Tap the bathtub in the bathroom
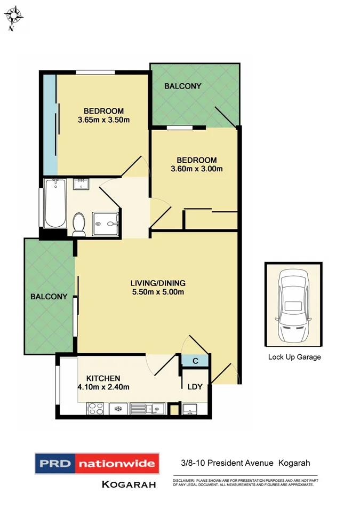click(55, 204)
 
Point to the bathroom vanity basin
click(82, 185)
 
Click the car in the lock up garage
click(293, 307)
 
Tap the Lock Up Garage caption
click(294, 357)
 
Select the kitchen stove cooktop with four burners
click(97, 409)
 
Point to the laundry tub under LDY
click(190, 410)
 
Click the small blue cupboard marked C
click(195, 361)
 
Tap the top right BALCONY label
click(182, 86)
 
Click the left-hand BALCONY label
click(49, 297)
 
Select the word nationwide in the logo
click(117, 463)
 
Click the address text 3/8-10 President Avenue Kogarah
click(243, 463)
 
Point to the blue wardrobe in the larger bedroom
click(50, 124)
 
